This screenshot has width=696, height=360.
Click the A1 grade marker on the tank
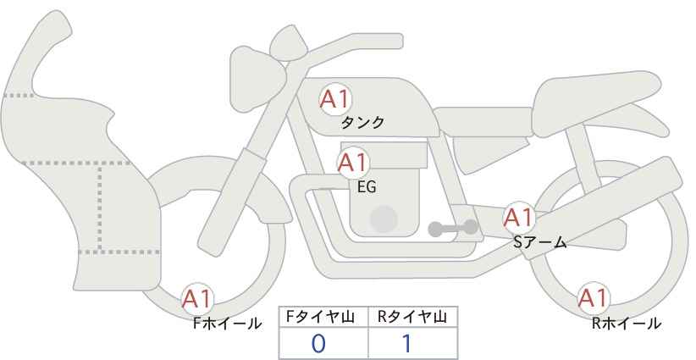[335, 99]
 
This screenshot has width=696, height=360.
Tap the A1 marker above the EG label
[353, 163]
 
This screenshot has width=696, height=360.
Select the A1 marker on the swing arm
[519, 218]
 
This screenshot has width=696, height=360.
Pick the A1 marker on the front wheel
[197, 299]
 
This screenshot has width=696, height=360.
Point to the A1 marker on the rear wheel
[593, 298]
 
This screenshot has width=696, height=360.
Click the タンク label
[362, 123]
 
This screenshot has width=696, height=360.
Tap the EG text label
[367, 187]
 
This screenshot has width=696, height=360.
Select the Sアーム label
[540, 242]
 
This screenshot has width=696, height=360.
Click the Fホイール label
[228, 324]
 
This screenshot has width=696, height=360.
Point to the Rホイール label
[627, 323]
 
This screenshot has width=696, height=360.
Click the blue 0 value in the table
[318, 344]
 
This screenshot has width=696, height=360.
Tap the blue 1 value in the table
[406, 344]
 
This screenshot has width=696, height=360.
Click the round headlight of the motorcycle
[257, 79]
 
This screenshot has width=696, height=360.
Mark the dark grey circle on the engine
[384, 219]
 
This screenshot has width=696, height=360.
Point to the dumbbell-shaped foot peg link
[453, 228]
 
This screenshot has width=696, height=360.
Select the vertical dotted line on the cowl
[100, 208]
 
